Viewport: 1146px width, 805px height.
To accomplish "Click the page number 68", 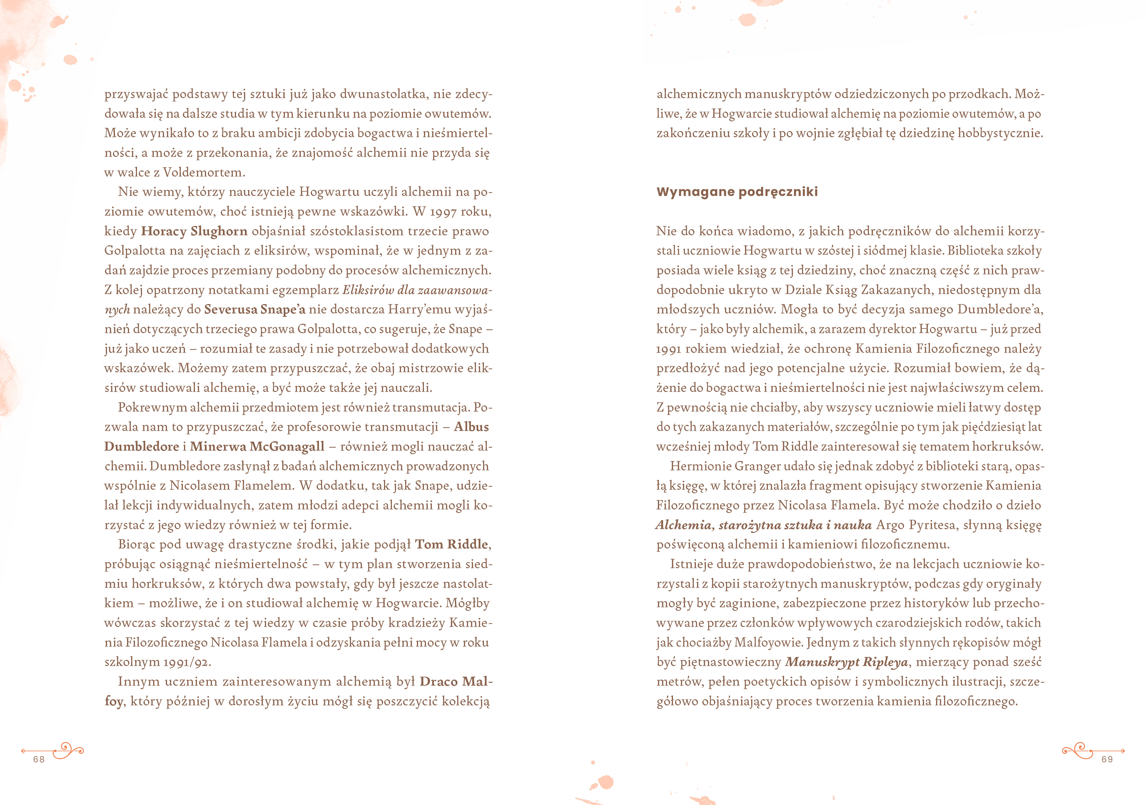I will pos(39,759).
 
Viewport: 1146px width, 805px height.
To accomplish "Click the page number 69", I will pos(1107,759).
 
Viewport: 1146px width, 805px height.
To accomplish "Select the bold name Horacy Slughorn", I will pos(194,231).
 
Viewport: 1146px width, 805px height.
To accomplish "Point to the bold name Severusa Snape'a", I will pos(255,309).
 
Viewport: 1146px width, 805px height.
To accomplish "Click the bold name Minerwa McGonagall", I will pos(257,446).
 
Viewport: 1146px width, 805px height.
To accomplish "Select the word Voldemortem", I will pos(204,172).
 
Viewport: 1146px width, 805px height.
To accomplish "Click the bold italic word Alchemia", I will pos(683,525).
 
